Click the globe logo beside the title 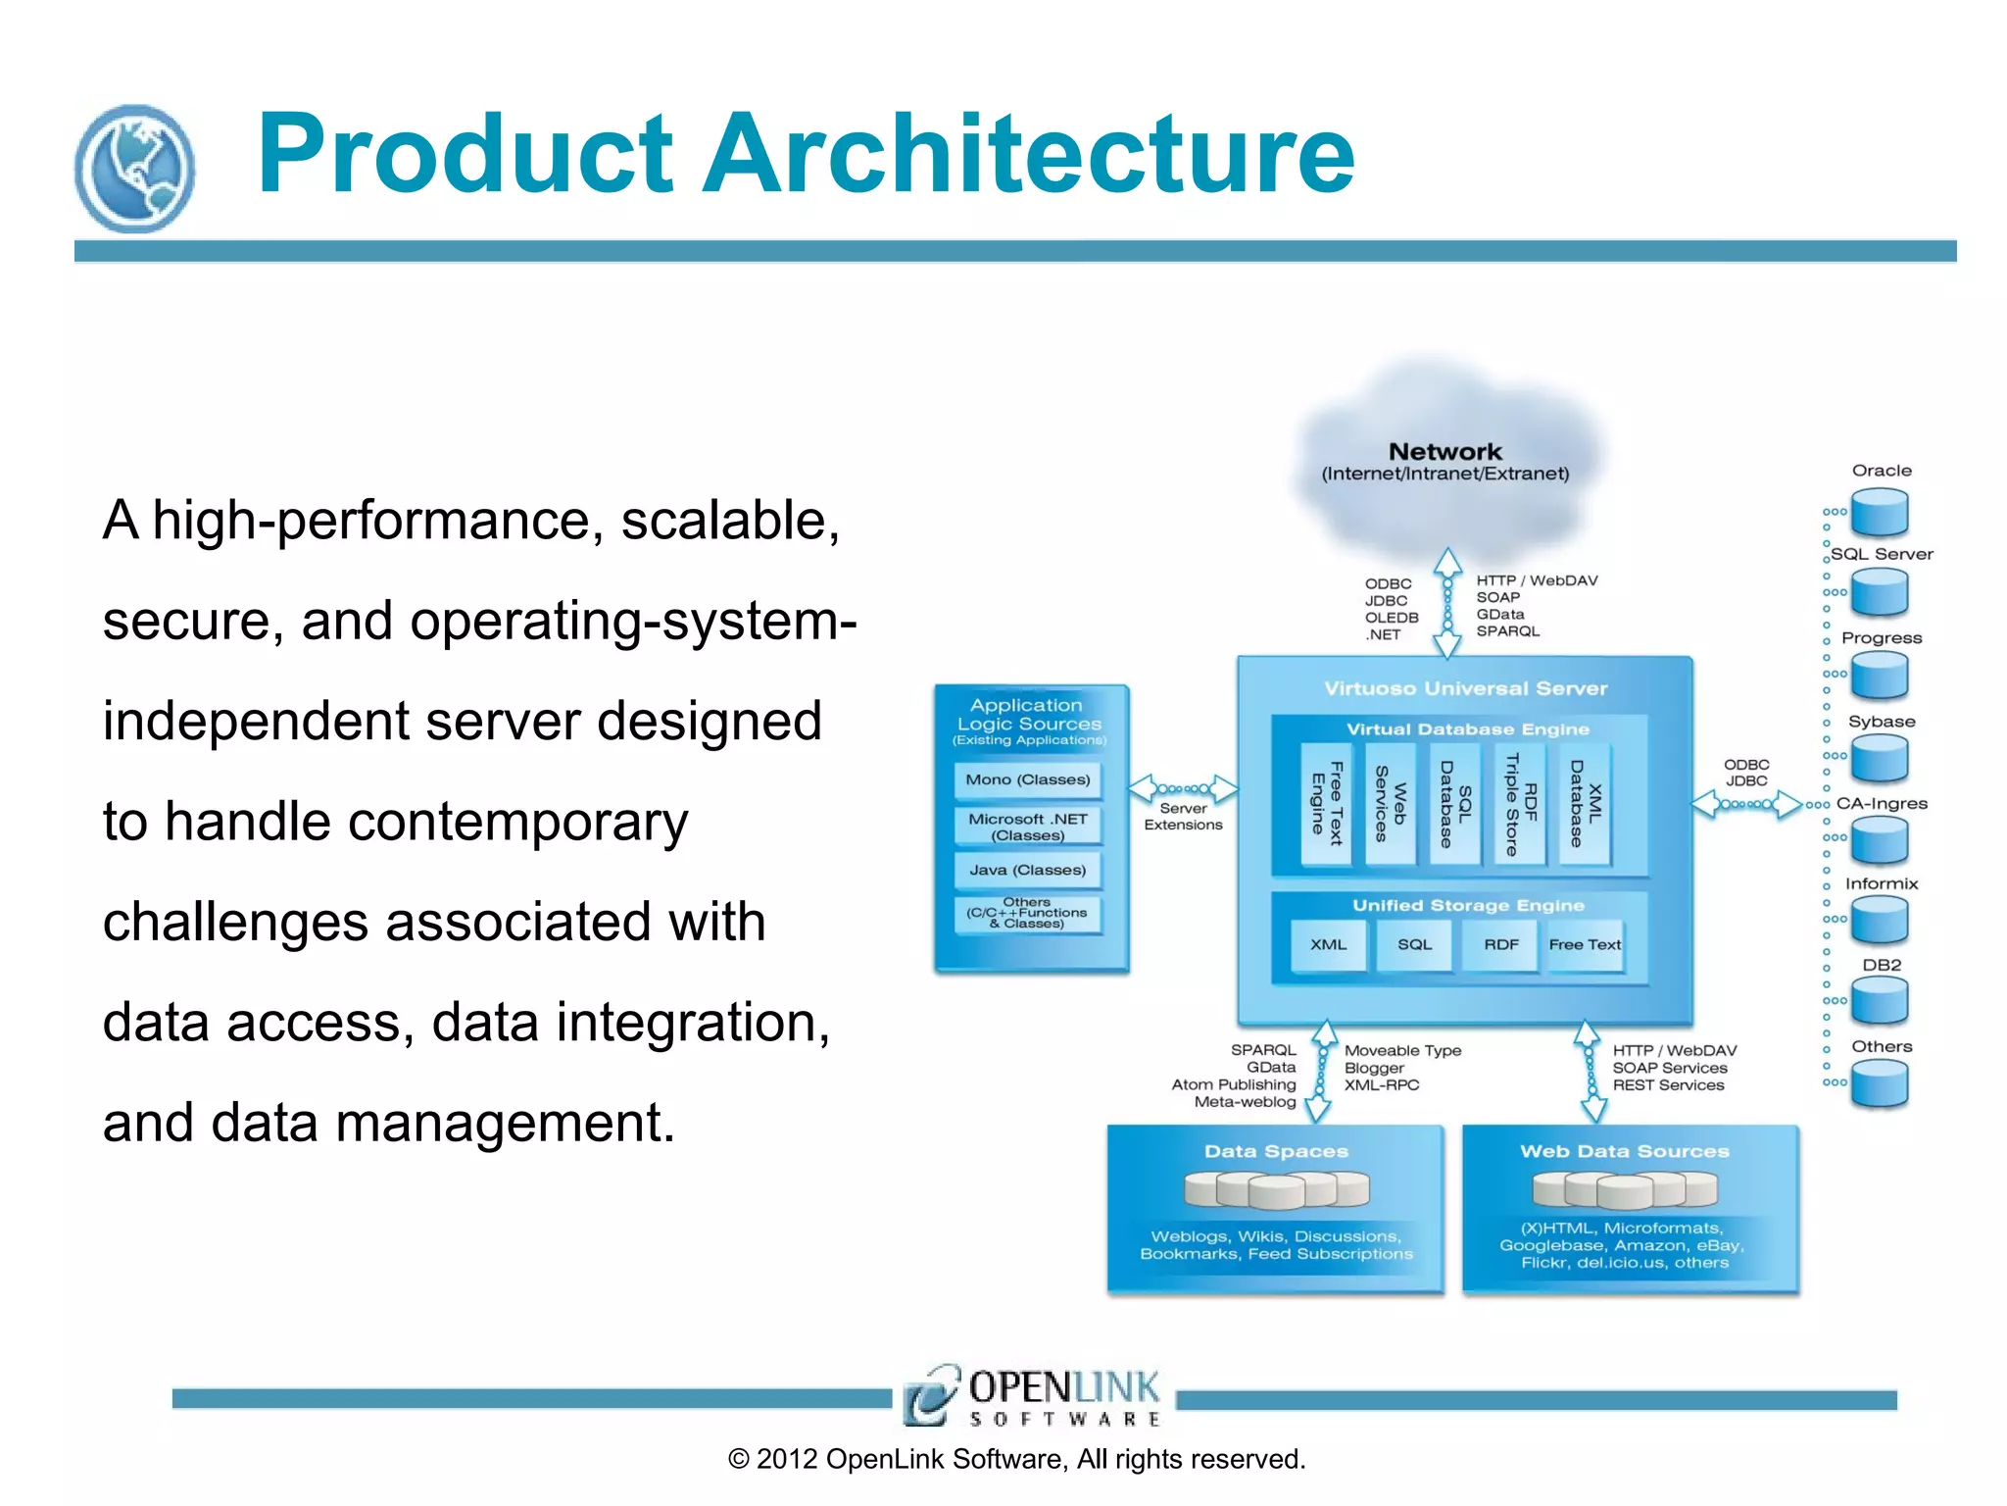(134, 168)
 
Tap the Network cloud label (1444, 452)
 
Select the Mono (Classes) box (1027, 779)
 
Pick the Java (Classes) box (1027, 870)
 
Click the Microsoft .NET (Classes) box (1027, 827)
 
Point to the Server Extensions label (1183, 817)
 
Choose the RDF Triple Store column (1521, 804)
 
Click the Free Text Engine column (1326, 804)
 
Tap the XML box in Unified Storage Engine (1328, 944)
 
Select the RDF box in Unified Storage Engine (1500, 944)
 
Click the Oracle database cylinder (1880, 513)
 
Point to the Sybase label (1882, 722)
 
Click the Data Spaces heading (1276, 1151)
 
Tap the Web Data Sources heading (1625, 1151)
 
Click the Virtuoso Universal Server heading (1465, 688)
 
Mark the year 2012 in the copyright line (787, 1459)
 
